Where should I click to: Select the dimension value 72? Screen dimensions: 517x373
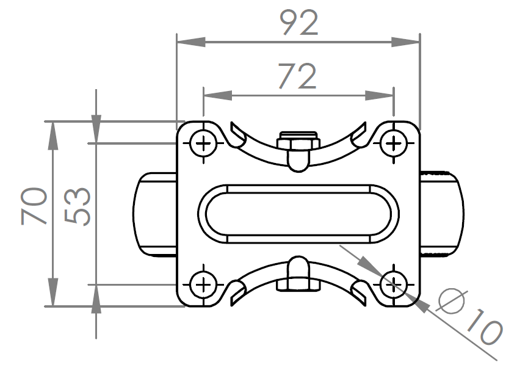click(x=298, y=76)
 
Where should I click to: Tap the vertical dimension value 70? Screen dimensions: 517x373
click(x=34, y=206)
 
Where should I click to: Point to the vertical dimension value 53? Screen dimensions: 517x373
click(x=77, y=207)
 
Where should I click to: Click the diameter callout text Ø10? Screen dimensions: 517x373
click(x=469, y=316)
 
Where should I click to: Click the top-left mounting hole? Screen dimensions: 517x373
click(x=203, y=143)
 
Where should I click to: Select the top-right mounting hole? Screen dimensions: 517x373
click(x=393, y=143)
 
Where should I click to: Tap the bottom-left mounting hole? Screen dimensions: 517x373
click(x=203, y=284)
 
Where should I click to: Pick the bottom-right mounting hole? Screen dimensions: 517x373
click(x=393, y=284)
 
